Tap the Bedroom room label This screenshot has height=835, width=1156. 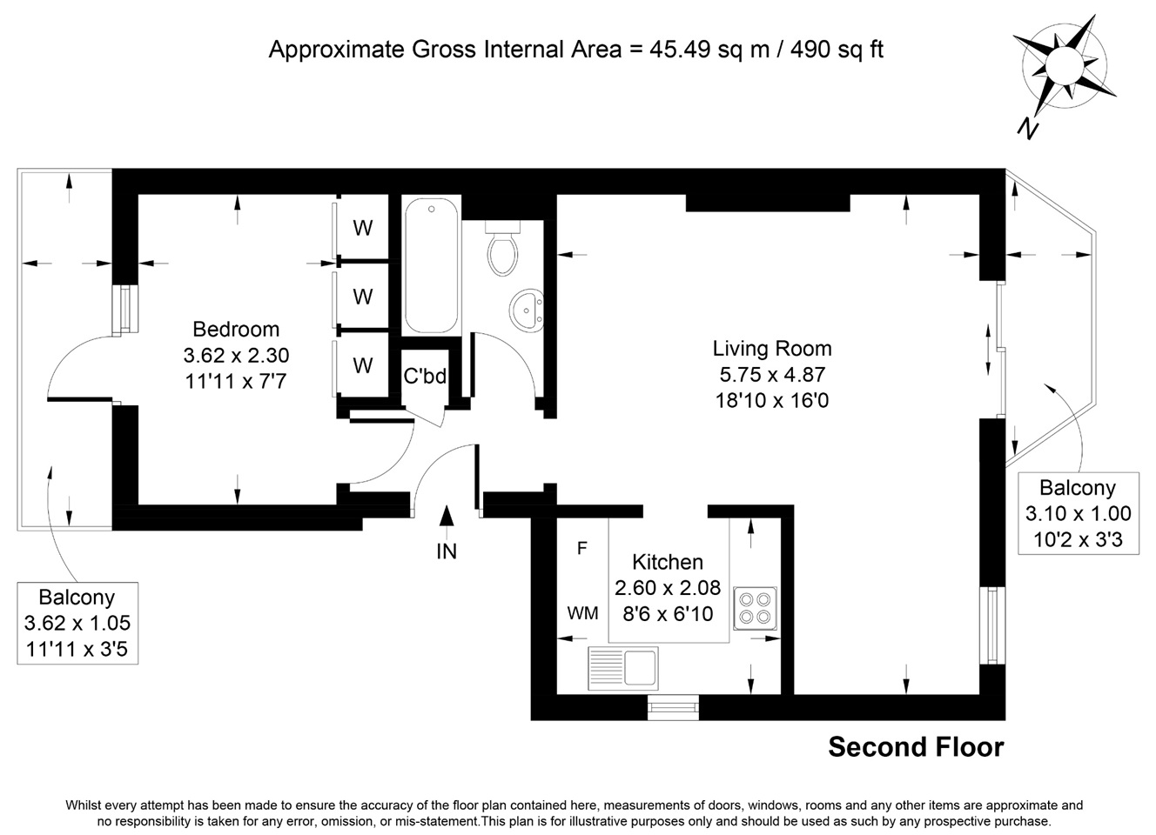(x=236, y=330)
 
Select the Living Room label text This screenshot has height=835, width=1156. (x=772, y=349)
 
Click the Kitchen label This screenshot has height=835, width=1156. (x=668, y=562)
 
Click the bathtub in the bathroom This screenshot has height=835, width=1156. (x=431, y=266)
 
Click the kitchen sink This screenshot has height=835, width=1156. (x=623, y=668)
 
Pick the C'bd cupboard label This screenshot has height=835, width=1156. (x=425, y=376)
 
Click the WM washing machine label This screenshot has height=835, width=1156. (x=582, y=613)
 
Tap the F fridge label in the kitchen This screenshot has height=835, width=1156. (x=582, y=548)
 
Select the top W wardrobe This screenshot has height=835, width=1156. (x=363, y=228)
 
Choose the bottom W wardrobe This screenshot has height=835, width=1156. (x=363, y=365)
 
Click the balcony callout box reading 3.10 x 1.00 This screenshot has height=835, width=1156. (x=1078, y=513)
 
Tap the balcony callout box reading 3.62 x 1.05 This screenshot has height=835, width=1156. (x=77, y=623)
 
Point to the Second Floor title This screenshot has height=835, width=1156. (x=916, y=747)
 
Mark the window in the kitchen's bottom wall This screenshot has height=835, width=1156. (x=673, y=707)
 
